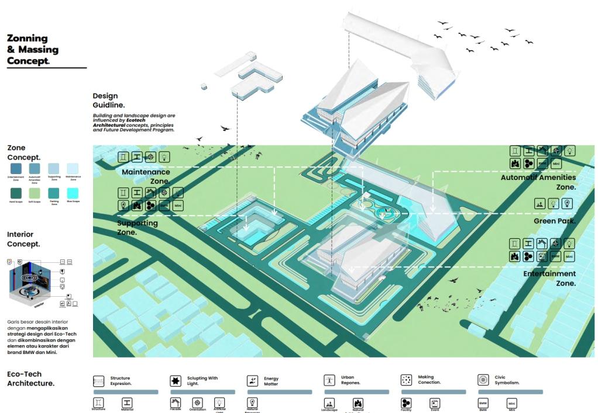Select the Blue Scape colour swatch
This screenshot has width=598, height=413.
click(73, 192)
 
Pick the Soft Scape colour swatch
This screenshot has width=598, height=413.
click(35, 192)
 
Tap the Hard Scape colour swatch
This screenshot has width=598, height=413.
click(16, 192)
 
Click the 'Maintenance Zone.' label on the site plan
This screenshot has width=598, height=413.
click(146, 176)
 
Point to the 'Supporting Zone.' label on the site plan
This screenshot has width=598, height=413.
click(138, 227)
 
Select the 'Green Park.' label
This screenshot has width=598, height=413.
click(555, 221)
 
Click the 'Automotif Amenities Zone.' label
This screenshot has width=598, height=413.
click(538, 182)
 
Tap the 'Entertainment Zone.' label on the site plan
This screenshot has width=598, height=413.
click(549, 278)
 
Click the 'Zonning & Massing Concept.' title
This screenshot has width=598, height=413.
click(33, 50)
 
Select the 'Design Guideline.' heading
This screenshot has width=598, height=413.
click(108, 100)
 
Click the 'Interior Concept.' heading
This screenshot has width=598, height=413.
click(23, 239)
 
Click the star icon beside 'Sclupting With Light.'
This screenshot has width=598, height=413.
click(175, 381)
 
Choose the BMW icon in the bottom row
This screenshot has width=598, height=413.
click(483, 403)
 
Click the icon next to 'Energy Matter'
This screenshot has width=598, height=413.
click(252, 381)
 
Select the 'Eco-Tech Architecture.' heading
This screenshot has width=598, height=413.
click(30, 379)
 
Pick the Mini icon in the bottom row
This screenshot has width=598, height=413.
click(511, 403)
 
